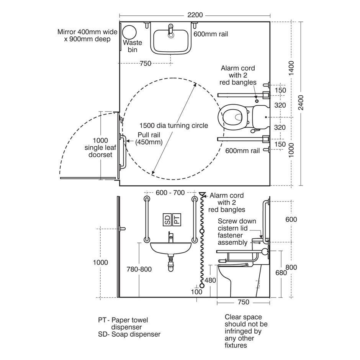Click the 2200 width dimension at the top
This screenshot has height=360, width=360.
[x=195, y=15]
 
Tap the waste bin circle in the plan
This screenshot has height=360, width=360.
[x=129, y=33]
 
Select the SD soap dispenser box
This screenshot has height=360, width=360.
[x=167, y=219]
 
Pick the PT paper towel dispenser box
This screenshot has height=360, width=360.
[x=177, y=219]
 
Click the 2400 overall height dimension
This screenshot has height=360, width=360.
[x=301, y=103]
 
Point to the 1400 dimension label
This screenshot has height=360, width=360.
[x=291, y=68]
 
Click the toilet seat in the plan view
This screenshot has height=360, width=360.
[x=232, y=117]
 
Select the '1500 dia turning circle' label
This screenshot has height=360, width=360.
[x=174, y=126]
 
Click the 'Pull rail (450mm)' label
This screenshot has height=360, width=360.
[x=149, y=138]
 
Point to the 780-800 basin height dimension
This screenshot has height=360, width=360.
[x=139, y=269]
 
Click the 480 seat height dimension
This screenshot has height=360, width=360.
[x=210, y=280]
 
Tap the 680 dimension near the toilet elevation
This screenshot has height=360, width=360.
[x=281, y=273]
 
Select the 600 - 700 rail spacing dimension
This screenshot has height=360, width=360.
[x=170, y=193]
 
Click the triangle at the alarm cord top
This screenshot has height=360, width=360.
[x=203, y=195]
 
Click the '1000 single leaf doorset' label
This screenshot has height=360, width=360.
[x=100, y=147]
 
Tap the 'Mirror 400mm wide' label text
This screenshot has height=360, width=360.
[x=87, y=32]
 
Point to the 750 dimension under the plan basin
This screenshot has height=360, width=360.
[x=146, y=63]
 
